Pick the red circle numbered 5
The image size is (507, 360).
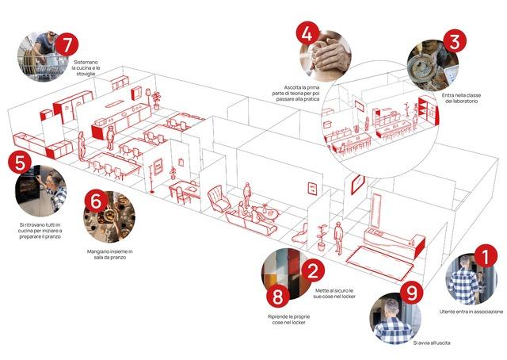pos(19,163)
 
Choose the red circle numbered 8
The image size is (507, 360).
pos(276,298)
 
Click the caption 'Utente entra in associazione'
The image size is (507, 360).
pos(471,312)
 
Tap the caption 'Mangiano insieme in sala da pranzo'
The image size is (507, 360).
pos(109,255)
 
